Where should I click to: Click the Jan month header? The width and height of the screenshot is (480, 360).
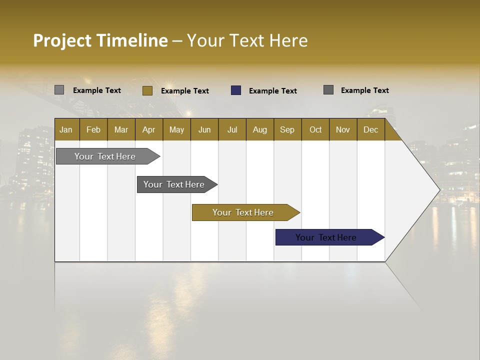pos(66,129)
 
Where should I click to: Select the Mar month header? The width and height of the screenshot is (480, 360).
pos(121,129)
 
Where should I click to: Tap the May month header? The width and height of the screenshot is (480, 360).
pos(176,129)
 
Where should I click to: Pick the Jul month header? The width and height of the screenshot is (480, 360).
pos(232,129)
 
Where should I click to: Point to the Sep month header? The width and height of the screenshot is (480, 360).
pos(287,129)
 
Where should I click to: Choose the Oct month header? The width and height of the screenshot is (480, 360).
pos(315,129)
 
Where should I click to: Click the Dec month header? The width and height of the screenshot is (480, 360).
pos(370,129)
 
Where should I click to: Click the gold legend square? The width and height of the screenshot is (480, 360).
pos(147,90)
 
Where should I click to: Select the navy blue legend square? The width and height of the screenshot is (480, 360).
pos(236,90)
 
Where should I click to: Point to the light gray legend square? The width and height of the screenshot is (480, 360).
pos(59,90)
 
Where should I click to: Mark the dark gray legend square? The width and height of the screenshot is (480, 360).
pos(328,90)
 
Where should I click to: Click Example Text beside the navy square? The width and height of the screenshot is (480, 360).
pos(272,91)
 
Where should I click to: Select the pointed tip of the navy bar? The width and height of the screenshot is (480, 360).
pos(383,237)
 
